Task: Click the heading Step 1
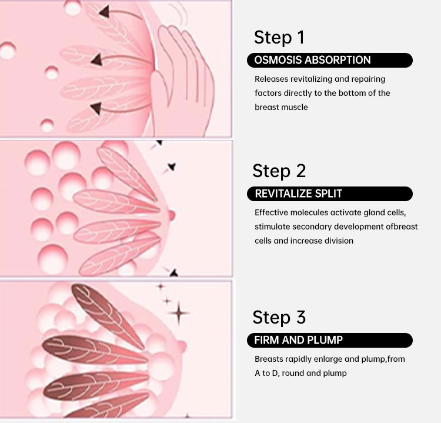click(x=279, y=38)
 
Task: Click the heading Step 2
click(x=279, y=171)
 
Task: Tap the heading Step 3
click(x=279, y=317)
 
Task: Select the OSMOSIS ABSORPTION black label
click(x=330, y=60)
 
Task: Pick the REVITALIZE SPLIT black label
click(x=330, y=194)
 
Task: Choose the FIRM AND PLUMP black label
click(x=330, y=340)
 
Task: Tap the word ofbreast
click(x=402, y=227)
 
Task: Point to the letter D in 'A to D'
click(x=275, y=373)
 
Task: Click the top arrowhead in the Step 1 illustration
click(x=104, y=12)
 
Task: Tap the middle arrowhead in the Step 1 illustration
click(x=97, y=59)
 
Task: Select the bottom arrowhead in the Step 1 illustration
click(x=96, y=108)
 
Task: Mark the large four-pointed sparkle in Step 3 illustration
click(x=179, y=312)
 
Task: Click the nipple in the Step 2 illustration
click(x=171, y=215)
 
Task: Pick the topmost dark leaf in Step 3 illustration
click(x=108, y=316)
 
